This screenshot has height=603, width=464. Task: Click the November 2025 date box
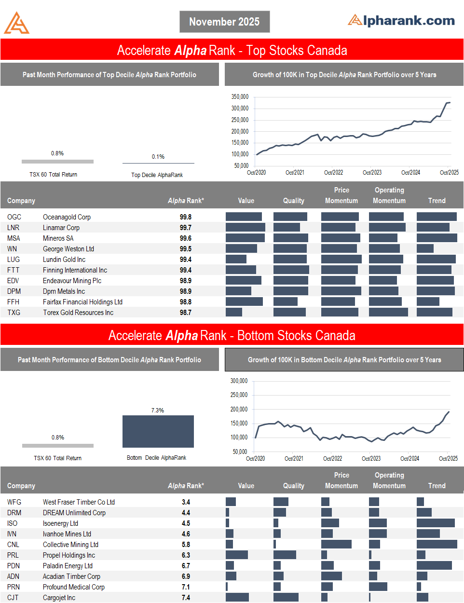[x=224, y=22]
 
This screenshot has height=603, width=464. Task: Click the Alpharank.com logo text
[x=401, y=20]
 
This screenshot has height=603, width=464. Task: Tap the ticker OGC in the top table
[x=14, y=217]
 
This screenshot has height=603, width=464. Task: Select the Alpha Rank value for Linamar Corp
[x=185, y=228]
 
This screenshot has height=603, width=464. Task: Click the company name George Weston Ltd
[x=68, y=249]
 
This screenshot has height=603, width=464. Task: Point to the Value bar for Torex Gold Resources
[x=234, y=313]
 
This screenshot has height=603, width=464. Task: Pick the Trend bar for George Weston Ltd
[x=425, y=249]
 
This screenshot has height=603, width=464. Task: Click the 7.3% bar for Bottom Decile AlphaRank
[x=158, y=431]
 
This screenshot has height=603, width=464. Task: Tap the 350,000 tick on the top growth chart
[x=240, y=97]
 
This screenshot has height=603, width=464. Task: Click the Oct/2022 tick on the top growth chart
[x=333, y=172]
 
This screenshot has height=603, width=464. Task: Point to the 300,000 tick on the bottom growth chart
[x=239, y=381]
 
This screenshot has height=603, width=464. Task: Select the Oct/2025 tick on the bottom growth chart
[x=448, y=458]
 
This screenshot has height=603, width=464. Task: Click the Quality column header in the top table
[x=293, y=201]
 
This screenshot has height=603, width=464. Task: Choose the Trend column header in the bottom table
[x=437, y=486]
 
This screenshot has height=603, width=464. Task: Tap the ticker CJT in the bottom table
[x=13, y=598]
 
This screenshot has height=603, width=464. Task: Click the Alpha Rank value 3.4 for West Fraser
[x=186, y=502]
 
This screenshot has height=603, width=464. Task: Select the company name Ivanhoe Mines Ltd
[x=67, y=534]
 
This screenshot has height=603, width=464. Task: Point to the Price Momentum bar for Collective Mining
[x=336, y=545]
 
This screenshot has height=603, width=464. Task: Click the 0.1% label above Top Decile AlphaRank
[x=158, y=157]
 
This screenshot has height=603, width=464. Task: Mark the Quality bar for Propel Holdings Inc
[x=285, y=555]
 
